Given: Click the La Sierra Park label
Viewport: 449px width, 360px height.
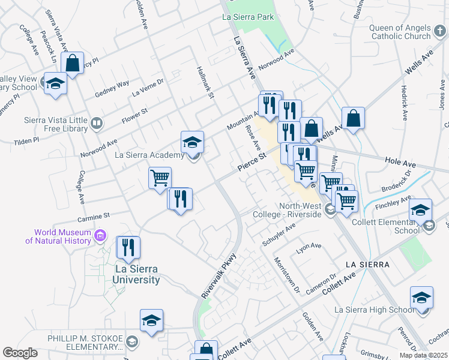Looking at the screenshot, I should (248, 17).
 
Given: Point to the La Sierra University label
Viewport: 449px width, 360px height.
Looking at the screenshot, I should (137, 275).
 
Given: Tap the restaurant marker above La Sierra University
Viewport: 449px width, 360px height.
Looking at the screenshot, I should (128, 247).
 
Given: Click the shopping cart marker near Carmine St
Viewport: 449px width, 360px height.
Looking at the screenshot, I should (160, 179).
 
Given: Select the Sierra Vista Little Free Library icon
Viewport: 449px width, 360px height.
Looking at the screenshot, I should (96, 124).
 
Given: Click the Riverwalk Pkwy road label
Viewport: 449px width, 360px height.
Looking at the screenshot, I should (220, 276).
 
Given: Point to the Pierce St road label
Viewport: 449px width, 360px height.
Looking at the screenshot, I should (251, 163).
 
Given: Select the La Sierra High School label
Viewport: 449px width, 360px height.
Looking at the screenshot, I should (373, 310).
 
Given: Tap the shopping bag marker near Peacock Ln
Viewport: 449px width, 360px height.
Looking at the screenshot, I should (72, 64).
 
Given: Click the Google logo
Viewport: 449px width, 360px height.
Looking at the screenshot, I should (20, 352).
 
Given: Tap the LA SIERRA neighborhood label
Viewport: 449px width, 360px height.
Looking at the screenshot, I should (367, 264).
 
